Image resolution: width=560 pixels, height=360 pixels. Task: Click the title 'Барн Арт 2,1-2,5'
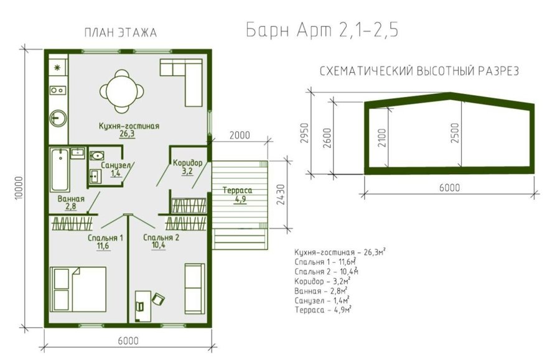pyautogui.click(x=322, y=30)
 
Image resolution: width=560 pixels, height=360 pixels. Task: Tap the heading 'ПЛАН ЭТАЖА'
pyautogui.click(x=121, y=33)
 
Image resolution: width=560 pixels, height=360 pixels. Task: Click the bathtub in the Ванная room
pyautogui.click(x=60, y=170)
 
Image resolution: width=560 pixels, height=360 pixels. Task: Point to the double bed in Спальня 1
pyautogui.click(x=78, y=289)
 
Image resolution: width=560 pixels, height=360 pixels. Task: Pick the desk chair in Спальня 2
pyautogui.click(x=159, y=299)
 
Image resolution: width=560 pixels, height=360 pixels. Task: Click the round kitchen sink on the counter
pyautogui.click(x=57, y=118)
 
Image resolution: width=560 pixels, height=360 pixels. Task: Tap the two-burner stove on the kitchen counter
pyautogui.click(x=57, y=90)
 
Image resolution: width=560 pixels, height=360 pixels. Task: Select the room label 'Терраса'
pyautogui.click(x=237, y=190)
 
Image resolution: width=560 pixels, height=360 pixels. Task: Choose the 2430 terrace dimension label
pyautogui.click(x=281, y=195)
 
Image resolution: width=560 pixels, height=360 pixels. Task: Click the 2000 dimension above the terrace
pyautogui.click(x=240, y=136)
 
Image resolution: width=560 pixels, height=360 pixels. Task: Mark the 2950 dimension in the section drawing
pyautogui.click(x=304, y=133)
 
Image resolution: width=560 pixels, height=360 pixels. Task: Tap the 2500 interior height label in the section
pyautogui.click(x=455, y=133)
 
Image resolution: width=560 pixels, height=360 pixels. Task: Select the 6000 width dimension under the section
pyautogui.click(x=449, y=188)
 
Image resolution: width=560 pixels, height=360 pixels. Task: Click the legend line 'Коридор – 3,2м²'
pyautogui.click(x=322, y=281)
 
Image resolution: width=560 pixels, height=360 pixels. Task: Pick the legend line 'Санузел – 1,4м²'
pyautogui.click(x=322, y=300)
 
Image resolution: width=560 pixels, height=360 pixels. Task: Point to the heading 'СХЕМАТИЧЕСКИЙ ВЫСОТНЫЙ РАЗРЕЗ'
pyautogui.click(x=419, y=72)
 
